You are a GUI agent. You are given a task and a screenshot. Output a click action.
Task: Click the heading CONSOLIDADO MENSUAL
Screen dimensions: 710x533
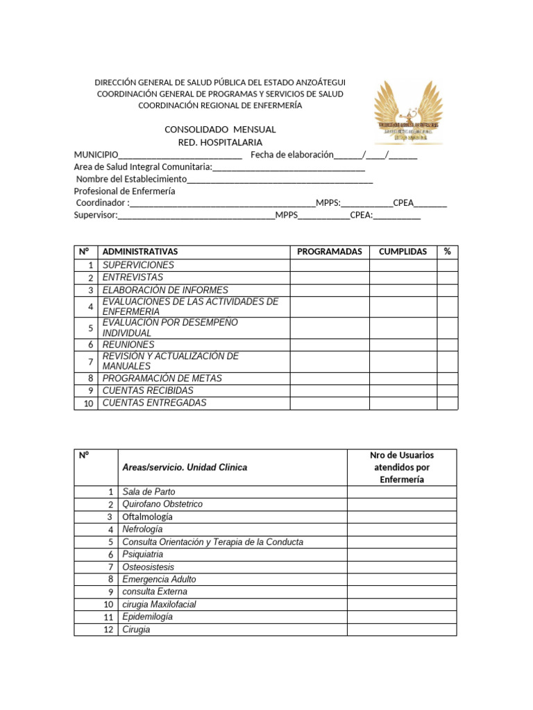[219, 130]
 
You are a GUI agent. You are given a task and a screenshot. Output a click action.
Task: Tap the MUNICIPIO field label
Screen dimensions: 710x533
[96, 155]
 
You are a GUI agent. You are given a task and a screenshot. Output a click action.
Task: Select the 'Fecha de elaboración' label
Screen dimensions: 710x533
[292, 155]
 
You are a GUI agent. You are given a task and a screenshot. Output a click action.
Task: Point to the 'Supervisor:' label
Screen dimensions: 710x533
[96, 215]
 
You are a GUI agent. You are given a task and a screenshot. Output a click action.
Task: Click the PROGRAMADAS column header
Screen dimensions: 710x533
[329, 252]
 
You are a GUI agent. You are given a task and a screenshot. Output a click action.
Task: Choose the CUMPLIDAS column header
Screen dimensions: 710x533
[403, 252]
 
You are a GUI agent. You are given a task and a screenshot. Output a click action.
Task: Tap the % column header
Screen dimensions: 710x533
[447, 252]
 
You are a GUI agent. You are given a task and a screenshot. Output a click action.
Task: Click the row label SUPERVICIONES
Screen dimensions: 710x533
[138, 265]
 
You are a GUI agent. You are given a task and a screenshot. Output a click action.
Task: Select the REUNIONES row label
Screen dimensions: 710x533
[128, 345]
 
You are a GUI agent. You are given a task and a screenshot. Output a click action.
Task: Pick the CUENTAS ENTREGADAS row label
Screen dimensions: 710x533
[154, 403]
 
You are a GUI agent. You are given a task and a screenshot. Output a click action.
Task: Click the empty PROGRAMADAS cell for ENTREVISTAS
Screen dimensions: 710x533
[329, 277]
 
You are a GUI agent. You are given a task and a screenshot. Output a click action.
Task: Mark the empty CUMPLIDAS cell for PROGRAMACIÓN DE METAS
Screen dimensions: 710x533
[403, 379]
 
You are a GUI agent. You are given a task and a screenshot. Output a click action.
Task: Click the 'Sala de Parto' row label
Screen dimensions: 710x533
[149, 492]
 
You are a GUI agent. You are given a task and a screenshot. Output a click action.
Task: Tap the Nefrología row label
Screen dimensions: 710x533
[142, 529]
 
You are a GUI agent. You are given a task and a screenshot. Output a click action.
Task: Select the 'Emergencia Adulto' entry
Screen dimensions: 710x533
[159, 579]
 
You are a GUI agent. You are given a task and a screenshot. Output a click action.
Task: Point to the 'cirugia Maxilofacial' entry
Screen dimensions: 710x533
[159, 604]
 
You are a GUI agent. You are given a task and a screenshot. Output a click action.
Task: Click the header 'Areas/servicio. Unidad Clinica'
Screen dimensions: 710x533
[185, 467]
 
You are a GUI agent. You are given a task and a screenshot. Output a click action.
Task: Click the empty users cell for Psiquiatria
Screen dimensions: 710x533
[402, 554]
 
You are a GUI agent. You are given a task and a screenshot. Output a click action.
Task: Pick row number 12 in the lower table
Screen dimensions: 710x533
[108, 630]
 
